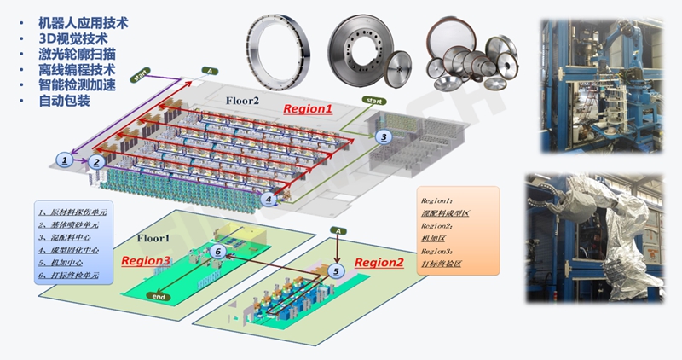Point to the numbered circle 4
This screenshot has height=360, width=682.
point(269,199)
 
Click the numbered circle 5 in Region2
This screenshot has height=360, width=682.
point(336,271)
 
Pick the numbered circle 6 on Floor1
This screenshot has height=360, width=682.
point(219,251)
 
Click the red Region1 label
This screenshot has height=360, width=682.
point(309,108)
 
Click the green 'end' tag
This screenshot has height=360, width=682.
point(157,297)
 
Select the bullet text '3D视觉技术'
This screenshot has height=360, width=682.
point(73,38)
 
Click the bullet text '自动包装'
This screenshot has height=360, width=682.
point(65,101)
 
